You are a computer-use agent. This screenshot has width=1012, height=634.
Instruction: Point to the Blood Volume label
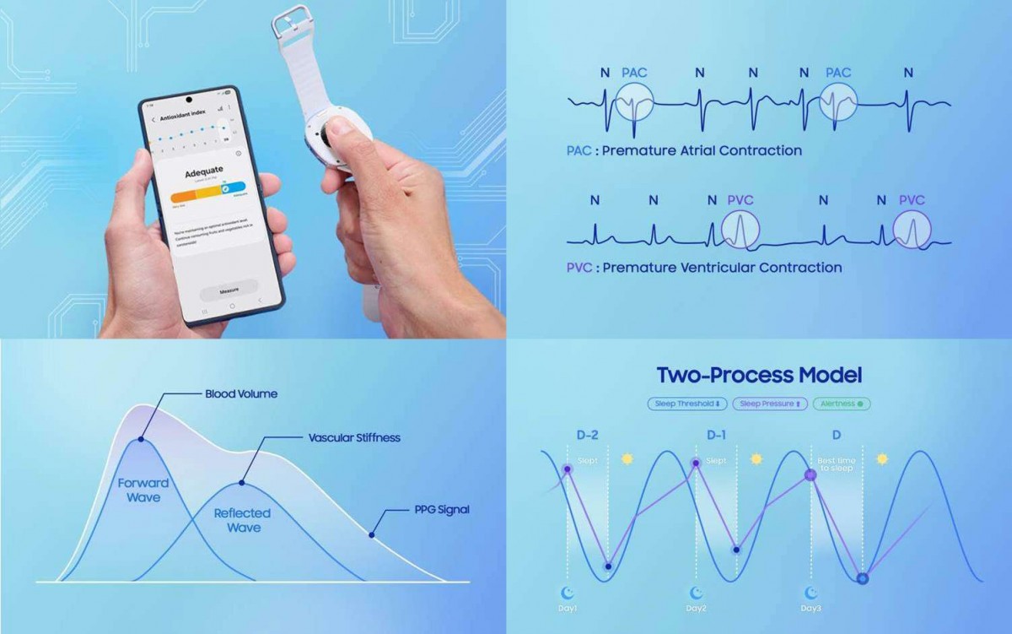point(241,393)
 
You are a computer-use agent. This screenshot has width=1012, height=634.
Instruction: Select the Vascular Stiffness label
point(354,438)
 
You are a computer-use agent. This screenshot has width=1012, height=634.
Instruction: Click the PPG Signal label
point(442,510)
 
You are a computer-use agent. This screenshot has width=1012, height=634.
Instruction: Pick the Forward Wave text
point(143,490)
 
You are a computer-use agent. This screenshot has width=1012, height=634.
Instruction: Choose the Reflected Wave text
point(242,520)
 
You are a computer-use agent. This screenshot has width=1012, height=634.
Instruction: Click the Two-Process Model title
point(759,375)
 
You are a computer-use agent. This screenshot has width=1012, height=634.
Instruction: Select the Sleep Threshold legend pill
point(687,404)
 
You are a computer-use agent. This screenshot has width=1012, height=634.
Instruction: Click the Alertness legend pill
point(842,404)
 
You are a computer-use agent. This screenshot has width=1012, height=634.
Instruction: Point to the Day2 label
point(696,608)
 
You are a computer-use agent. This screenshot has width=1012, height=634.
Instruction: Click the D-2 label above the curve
point(587,435)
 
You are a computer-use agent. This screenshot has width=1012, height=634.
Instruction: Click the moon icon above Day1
point(568,593)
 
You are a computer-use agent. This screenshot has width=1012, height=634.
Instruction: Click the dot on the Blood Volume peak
point(140,439)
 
